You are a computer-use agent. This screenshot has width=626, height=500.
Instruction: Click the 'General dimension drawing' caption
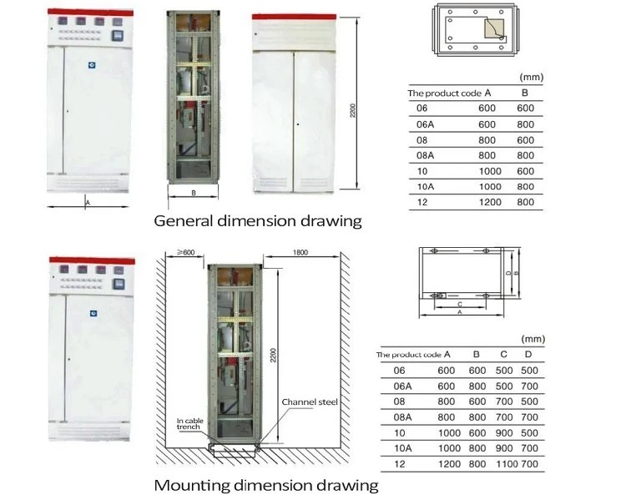click(x=258, y=221)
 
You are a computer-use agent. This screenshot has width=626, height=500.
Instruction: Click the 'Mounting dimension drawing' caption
click(x=266, y=485)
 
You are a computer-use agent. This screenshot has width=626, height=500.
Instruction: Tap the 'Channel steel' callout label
click(x=310, y=402)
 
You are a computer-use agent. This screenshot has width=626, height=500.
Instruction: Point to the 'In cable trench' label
click(x=190, y=424)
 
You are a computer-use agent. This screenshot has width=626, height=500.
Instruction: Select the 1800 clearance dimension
click(x=300, y=252)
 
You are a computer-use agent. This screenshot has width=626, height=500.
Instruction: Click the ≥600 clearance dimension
click(x=186, y=252)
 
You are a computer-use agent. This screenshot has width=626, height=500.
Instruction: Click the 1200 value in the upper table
click(x=490, y=202)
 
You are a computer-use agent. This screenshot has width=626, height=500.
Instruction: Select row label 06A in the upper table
click(x=425, y=124)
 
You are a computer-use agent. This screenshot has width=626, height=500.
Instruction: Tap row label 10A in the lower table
click(x=402, y=448)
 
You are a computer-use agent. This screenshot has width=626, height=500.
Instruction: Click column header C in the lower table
click(x=504, y=354)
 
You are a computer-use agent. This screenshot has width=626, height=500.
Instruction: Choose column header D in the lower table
click(x=528, y=354)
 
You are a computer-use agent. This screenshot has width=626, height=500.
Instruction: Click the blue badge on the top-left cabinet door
click(x=92, y=65)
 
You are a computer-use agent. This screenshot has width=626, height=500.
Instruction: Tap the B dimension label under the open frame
click(x=194, y=193)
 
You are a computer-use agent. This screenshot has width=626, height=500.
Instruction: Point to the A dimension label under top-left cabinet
click(x=88, y=203)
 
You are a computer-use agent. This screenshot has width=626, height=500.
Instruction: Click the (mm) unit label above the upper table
click(x=532, y=77)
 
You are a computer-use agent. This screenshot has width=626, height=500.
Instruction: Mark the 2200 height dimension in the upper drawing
click(x=352, y=111)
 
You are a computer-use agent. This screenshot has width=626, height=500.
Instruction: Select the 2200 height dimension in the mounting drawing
click(x=273, y=356)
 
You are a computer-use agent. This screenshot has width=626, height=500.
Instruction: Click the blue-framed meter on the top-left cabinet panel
click(x=117, y=36)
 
